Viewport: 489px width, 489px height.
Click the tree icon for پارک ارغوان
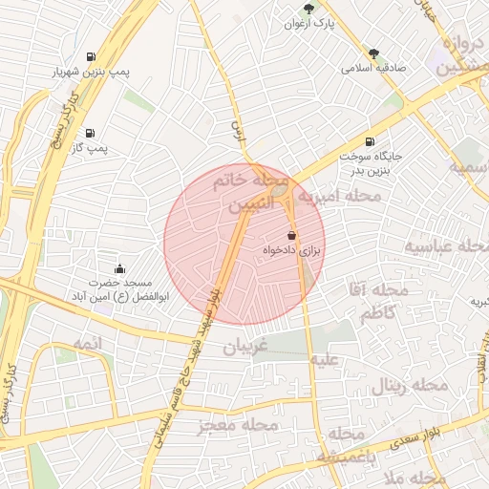[x=308, y=8]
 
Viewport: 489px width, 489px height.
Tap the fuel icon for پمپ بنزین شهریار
[x=91, y=56]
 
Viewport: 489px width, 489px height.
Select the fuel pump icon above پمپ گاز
[x=90, y=133]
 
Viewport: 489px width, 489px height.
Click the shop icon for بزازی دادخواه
[x=291, y=235]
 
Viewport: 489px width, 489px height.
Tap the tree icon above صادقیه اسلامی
[x=372, y=53]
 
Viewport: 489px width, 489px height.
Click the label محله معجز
[x=239, y=424]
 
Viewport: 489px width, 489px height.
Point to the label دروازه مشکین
[x=460, y=56]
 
